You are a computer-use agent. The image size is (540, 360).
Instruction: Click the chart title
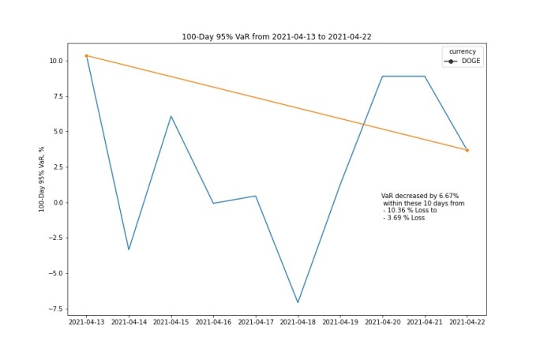pos(276,37)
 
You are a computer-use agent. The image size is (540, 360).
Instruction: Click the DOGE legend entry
pos(462,61)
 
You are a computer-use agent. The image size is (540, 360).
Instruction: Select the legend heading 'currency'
pos(463,51)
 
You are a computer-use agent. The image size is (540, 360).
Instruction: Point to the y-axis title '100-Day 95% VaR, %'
pos(41,179)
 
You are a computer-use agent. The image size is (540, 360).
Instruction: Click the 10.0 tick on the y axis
pos(56,61)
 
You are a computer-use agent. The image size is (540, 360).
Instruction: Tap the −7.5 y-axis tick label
pos(55,309)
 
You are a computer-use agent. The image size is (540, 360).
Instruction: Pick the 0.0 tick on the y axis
pos(58,203)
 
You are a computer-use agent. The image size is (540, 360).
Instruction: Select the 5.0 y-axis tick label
pos(58,132)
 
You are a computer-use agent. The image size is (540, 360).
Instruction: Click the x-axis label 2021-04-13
pos(86,322)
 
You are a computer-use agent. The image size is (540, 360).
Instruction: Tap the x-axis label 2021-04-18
pos(298,322)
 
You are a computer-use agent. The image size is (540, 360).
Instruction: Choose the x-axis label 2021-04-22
pos(467,322)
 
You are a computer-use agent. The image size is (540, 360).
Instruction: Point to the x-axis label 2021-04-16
pos(213,322)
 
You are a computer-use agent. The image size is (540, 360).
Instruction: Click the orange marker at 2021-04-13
pos(86,56)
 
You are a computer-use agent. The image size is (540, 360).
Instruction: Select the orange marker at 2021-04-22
pos(467,150)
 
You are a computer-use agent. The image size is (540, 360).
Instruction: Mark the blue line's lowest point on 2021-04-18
pos(298,302)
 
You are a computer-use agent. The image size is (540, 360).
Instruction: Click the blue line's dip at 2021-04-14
pos(129,249)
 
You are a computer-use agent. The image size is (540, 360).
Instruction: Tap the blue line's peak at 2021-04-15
pos(171,116)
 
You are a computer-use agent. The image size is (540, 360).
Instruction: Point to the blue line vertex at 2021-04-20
pos(383,76)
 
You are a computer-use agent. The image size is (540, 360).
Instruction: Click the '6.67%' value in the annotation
pos(448,196)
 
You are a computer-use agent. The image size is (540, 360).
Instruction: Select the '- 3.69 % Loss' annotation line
pos(404,218)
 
